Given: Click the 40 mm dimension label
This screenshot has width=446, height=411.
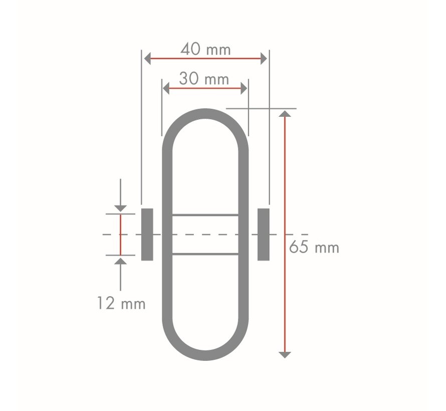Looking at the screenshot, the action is point(205,49).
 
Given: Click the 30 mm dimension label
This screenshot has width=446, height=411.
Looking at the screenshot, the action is point(204,79).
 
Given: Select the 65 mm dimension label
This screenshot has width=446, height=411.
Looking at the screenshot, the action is point(314,247).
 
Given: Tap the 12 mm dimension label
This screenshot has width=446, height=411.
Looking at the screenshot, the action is point(121,303).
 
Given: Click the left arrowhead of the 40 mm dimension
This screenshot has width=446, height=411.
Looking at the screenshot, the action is point(147,59).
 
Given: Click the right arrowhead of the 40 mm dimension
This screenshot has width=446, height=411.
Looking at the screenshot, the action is point(264,59).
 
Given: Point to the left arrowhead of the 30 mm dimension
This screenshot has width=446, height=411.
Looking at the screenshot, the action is point(166,88).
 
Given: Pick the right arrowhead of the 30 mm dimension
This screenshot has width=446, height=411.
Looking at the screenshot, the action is point(244,88).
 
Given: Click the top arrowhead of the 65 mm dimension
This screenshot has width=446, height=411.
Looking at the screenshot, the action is point(285,114).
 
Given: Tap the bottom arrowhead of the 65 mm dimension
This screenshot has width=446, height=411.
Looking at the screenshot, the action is point(285,355).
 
